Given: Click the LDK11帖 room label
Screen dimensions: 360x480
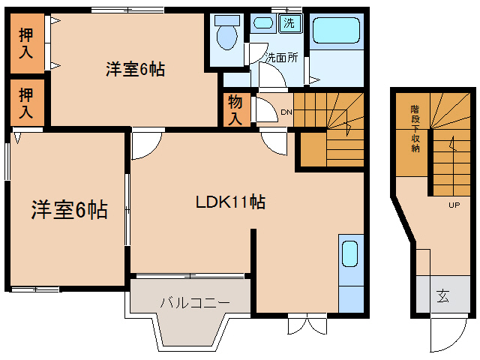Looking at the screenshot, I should (230, 202).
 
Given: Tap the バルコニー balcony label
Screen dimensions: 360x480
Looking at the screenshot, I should (194, 302).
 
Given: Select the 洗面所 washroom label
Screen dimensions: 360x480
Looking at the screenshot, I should (282, 57).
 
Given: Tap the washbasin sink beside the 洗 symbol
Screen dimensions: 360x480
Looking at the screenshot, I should (262, 22).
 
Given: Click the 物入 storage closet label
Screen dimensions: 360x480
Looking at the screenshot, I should (235, 109).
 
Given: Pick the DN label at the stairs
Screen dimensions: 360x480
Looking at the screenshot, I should (286, 112).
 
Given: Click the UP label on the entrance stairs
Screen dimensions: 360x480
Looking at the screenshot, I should (454, 205).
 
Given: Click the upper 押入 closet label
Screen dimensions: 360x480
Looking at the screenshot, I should (26, 43).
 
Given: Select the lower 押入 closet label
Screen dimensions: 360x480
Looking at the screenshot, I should (26, 103).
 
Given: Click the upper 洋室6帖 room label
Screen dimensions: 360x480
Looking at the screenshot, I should (135, 70).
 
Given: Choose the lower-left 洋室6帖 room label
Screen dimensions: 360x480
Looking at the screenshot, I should (69, 210).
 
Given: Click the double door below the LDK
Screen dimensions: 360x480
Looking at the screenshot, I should (307, 324).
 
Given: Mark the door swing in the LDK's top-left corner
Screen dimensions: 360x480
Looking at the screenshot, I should (145, 145).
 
